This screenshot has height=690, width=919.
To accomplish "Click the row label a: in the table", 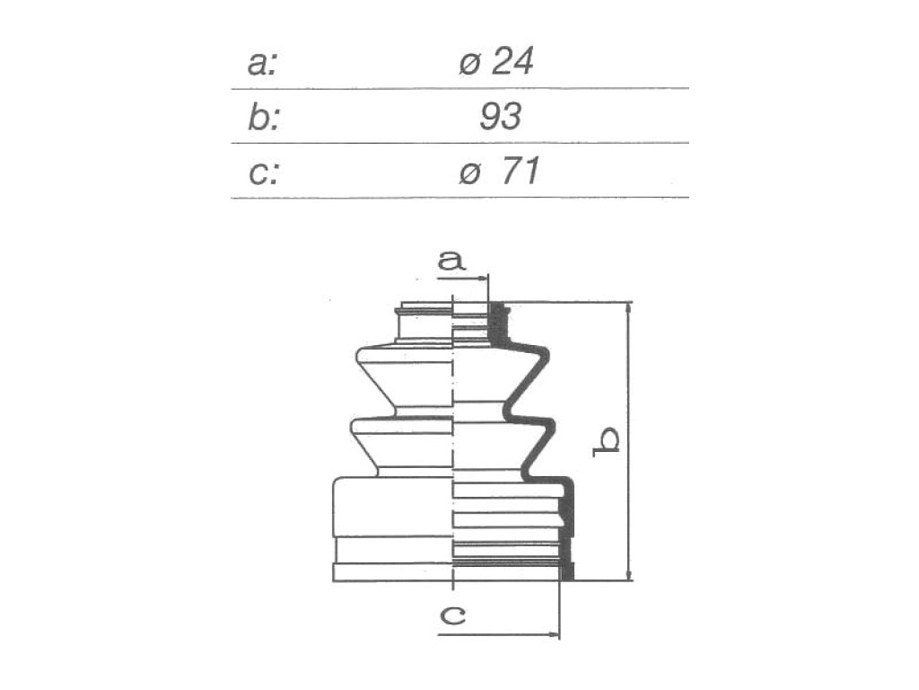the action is coord(261,64).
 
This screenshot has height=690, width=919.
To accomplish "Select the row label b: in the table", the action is coord(264,116).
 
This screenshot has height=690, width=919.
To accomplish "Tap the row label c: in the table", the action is coord(264,173).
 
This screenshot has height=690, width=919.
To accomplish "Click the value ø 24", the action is coord(495,61).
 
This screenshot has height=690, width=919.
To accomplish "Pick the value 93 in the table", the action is coord(500,116).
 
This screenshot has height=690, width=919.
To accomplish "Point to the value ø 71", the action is coord(499,172).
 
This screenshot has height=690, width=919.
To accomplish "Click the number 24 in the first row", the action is coord(512,61).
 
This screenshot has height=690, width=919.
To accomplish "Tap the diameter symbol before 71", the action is coord(470,173).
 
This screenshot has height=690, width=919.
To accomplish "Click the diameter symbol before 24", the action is coord(469,64).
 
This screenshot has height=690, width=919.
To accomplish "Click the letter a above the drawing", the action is coord(451,260).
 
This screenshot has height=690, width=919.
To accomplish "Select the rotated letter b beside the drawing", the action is coord(607,441).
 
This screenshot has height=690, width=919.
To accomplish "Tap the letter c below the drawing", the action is coord(452,615).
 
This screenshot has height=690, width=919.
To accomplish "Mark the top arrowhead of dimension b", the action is coord(629,309).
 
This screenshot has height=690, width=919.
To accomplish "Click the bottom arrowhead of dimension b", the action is coord(629,574).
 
